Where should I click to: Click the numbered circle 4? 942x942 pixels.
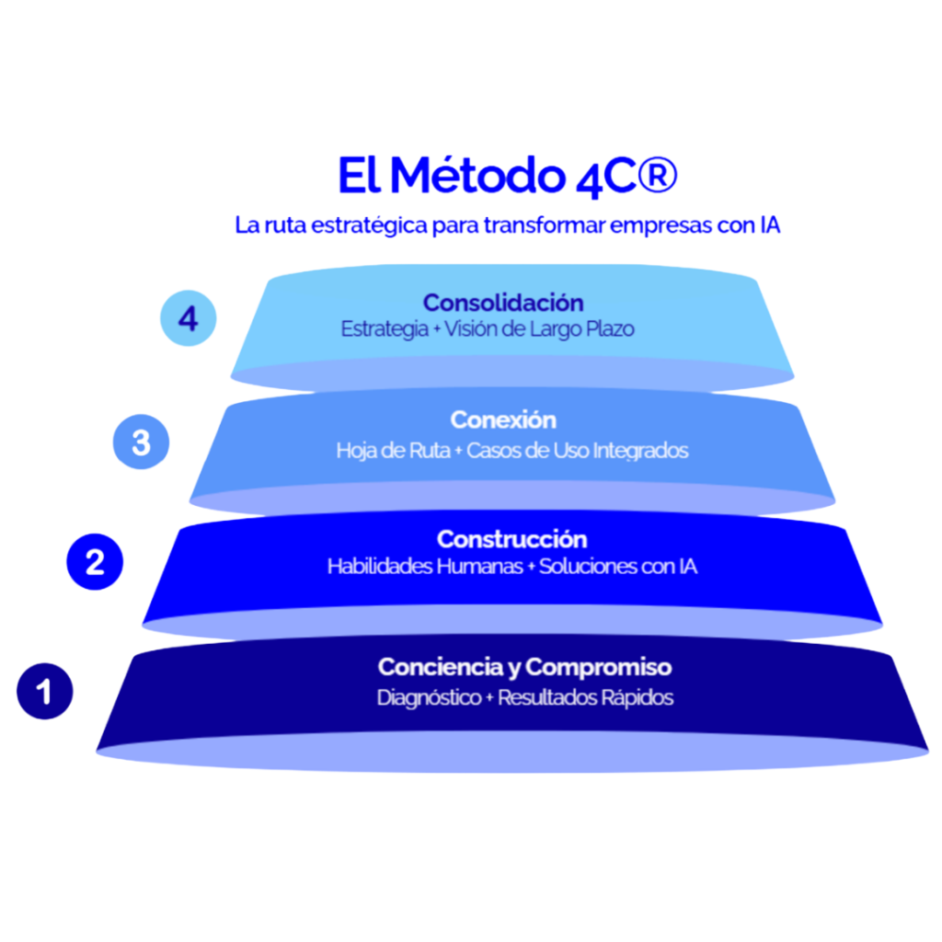pyautogui.click(x=189, y=319)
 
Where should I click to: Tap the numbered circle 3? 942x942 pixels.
pyautogui.click(x=141, y=442)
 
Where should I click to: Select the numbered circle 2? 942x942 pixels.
pyautogui.click(x=95, y=561)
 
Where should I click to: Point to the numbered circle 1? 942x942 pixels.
pyautogui.click(x=45, y=691)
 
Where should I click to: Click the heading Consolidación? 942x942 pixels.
pyautogui.click(x=503, y=303)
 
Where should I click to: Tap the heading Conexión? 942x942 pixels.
pyautogui.click(x=503, y=420)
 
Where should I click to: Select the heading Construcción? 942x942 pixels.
pyautogui.click(x=511, y=539)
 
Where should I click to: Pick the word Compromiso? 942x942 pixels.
pyautogui.click(x=599, y=667)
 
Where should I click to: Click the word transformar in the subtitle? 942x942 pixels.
pyautogui.click(x=528, y=225)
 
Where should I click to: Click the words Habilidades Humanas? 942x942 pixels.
pyautogui.click(x=424, y=567)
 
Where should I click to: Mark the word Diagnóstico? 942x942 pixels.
pyautogui.click(x=429, y=697)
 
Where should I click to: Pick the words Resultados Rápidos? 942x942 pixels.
pyautogui.click(x=585, y=697)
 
